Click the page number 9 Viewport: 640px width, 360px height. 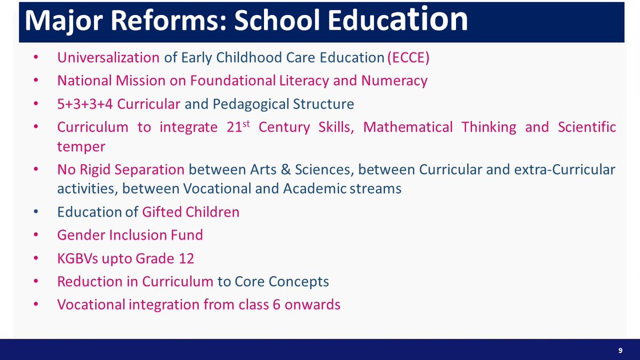click(620, 350)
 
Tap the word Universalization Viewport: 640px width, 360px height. click(108, 58)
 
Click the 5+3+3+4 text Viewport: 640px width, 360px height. click(85, 103)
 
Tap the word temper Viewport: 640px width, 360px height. click(81, 146)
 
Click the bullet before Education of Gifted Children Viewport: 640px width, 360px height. click(36, 212)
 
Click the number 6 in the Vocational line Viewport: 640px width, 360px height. click(277, 305)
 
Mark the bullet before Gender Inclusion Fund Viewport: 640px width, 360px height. click(36, 235)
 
